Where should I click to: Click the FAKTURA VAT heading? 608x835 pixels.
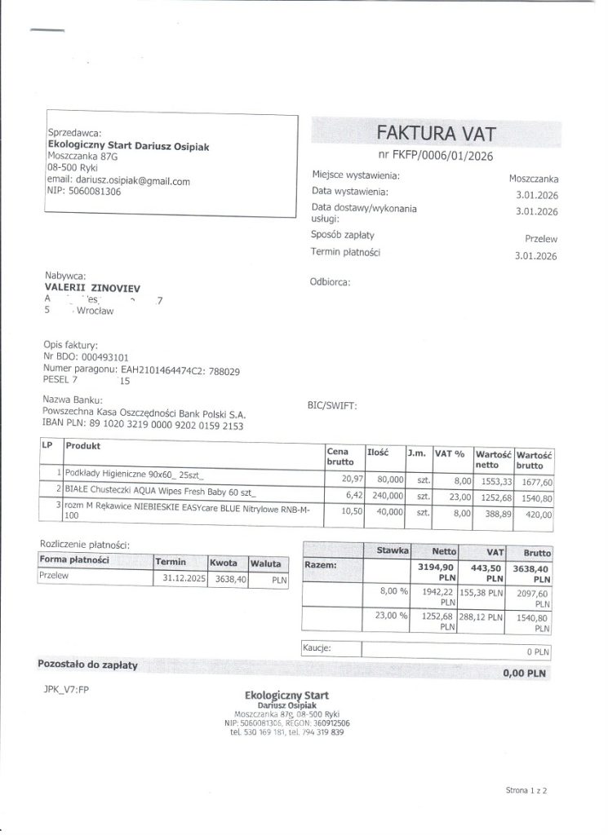click(435, 133)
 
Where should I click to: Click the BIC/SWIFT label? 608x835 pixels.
click(331, 405)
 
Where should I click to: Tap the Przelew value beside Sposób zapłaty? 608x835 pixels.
click(541, 239)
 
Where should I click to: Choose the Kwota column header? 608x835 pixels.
click(223, 563)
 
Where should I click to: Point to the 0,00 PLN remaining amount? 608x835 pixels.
click(524, 674)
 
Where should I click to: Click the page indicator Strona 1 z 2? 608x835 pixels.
click(526, 790)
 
